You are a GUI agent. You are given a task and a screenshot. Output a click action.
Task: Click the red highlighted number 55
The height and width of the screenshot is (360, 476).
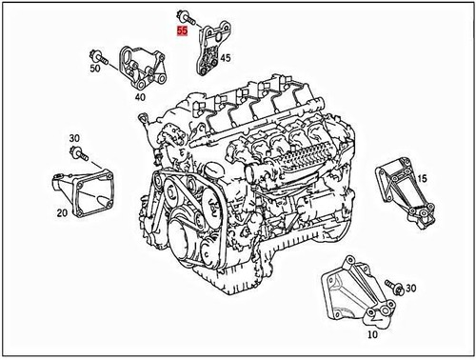tap(181, 30)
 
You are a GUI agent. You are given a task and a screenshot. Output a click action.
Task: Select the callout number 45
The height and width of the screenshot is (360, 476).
tap(226, 58)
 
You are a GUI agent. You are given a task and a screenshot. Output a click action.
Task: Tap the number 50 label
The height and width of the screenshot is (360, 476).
tap(95, 70)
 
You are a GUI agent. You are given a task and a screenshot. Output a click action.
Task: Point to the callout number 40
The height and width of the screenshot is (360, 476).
tap(140, 95)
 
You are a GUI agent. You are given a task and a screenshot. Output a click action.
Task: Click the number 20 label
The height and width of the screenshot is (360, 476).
tap(62, 212)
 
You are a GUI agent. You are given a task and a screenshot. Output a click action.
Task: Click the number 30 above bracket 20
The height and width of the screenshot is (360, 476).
tap(74, 139)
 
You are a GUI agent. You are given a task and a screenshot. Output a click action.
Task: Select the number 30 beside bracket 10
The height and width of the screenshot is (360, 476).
tap(412, 287)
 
